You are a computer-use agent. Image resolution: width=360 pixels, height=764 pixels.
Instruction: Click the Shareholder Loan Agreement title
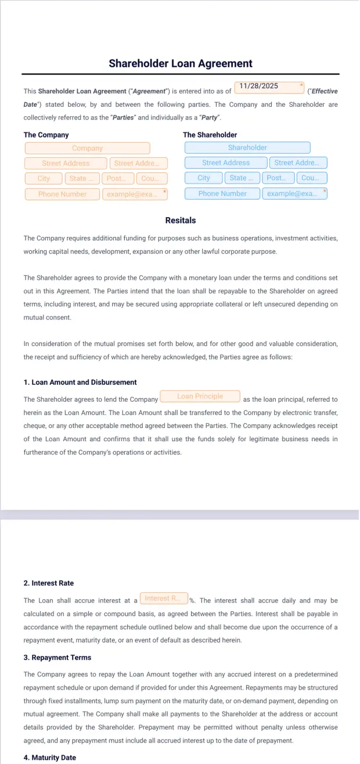180,64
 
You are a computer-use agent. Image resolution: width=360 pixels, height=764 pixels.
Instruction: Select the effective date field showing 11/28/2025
269,87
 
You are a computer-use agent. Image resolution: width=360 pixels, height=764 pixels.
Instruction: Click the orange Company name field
87,149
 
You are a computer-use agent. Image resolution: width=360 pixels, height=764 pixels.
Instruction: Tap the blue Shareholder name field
247,148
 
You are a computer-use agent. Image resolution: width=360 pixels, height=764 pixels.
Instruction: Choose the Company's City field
44,179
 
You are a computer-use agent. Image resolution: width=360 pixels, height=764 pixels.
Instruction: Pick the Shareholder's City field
204,178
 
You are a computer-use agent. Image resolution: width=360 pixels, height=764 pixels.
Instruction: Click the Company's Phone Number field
62,194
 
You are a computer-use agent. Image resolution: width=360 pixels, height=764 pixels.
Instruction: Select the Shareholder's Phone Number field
222,194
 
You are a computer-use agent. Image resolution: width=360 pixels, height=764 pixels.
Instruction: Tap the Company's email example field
135,194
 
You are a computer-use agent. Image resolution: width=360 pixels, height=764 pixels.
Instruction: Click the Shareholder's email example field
294,194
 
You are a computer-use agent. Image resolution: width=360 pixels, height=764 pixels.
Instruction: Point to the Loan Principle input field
200,397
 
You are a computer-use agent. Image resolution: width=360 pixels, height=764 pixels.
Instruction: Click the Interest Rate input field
163,599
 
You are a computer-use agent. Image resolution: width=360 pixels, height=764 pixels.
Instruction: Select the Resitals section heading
181,221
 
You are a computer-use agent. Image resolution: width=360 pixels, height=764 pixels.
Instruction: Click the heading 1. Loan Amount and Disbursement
80,383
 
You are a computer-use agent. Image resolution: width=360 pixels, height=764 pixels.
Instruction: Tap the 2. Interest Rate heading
49,583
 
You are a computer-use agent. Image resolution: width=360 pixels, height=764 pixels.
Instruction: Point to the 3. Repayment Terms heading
57,658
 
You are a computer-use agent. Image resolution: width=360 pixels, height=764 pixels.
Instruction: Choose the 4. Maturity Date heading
50,758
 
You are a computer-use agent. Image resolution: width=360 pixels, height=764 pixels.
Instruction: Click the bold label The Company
46,135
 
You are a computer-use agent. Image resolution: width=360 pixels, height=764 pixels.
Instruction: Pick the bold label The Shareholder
210,135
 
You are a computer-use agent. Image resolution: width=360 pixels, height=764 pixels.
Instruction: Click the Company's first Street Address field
66,164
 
